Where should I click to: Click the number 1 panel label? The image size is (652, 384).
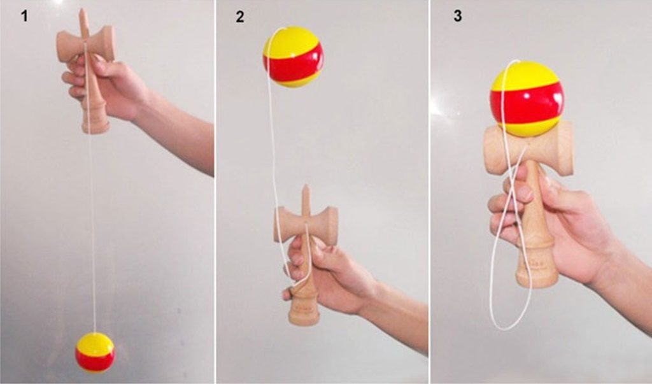point(25,16)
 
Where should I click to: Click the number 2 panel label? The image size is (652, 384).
point(240,17)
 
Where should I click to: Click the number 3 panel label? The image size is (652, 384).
point(457,16)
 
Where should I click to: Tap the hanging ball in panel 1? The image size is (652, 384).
point(95,352)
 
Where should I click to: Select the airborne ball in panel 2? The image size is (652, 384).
point(293,57)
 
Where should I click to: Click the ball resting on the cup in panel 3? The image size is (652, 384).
point(527,99)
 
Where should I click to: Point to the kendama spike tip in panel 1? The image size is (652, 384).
point(82,9)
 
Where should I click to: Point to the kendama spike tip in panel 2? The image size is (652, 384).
point(306,186)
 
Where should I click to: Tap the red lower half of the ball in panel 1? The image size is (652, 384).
point(96,362)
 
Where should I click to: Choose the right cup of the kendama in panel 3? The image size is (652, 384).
point(563,148)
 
